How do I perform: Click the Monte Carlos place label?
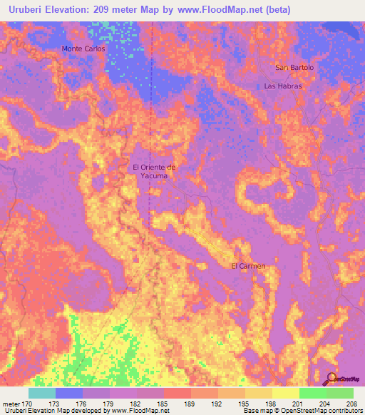(83, 49)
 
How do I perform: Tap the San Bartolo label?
(294, 68)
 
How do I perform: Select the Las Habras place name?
(283, 86)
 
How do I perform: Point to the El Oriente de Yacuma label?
(154, 171)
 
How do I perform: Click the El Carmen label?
(248, 267)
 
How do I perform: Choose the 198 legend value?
(259, 403)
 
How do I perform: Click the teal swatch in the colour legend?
(42, 393)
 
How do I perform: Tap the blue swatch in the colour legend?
(69, 393)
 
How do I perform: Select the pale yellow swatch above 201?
(286, 393)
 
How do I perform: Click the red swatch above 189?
(178, 393)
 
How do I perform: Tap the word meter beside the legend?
(13, 403)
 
